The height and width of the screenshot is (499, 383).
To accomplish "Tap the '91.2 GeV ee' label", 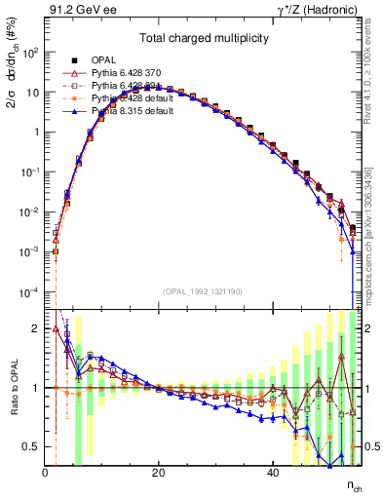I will coord(77,10).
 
